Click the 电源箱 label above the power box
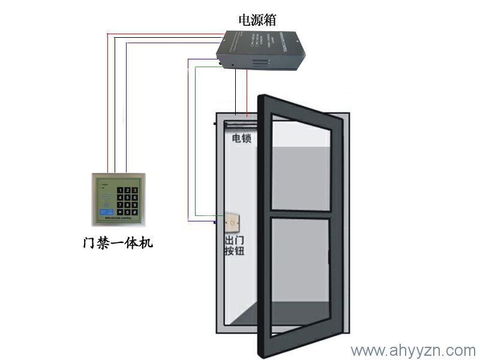click(x=257, y=20)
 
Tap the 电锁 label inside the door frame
click(x=241, y=139)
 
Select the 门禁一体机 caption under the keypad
click(x=118, y=244)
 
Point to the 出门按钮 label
click(x=234, y=247)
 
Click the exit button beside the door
click(x=232, y=223)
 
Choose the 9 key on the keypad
click(x=134, y=204)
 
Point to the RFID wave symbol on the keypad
click(x=107, y=196)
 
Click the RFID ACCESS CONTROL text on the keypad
click(x=118, y=220)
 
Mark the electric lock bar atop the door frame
click(x=240, y=125)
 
